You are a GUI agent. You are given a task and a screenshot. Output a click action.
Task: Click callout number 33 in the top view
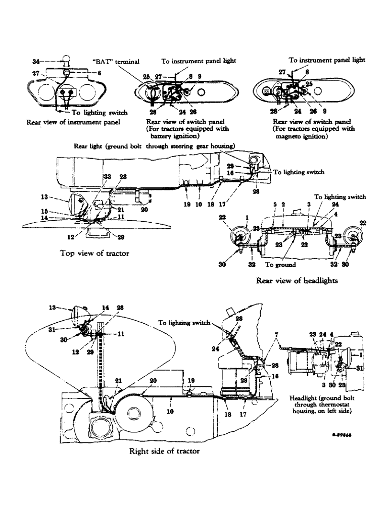pyautogui.click(x=107, y=176)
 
